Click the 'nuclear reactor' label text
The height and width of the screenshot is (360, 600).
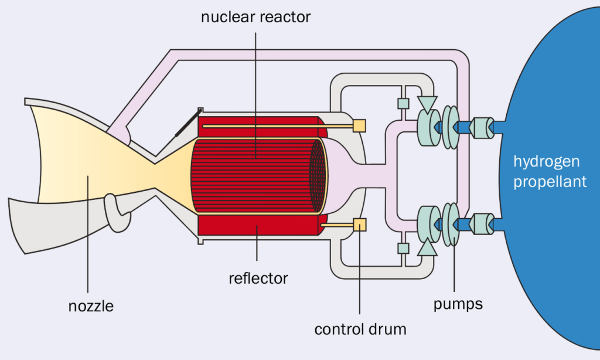tap(255, 16)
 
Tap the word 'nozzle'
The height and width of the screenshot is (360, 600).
tap(90, 305)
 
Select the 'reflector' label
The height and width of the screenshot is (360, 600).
tap(258, 277)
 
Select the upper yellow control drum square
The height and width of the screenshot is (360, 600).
tap(359, 125)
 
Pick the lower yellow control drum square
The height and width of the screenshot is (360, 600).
tap(359, 225)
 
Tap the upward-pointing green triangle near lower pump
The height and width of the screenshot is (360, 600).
tap(427, 248)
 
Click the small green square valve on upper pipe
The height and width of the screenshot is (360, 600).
tap(403, 104)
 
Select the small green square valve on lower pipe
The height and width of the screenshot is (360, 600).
tap(403, 248)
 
